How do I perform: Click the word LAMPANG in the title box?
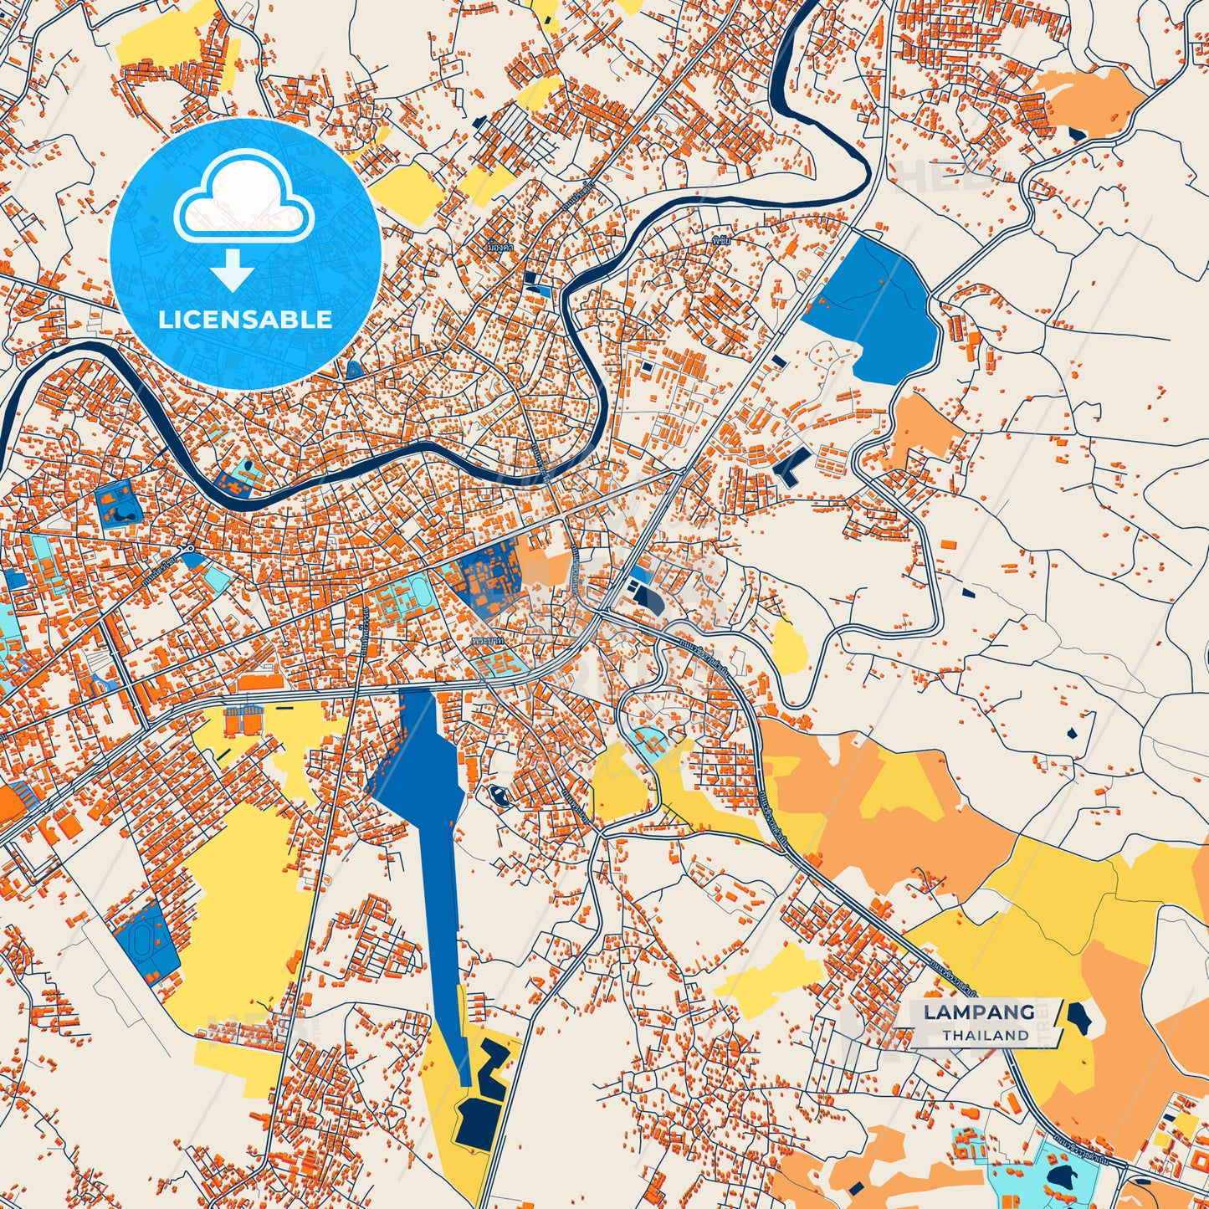[979, 1012]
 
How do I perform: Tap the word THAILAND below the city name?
[986, 1035]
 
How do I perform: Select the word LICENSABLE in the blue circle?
[245, 320]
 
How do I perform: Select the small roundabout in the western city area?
[191, 548]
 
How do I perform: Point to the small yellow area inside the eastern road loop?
[789, 648]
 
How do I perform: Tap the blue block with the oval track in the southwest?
[146, 941]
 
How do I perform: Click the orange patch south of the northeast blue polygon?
[926, 427]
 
